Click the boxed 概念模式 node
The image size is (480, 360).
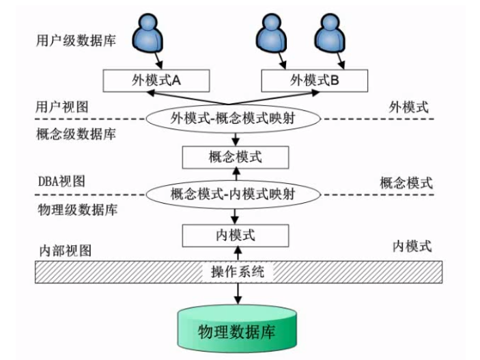[x=234, y=158]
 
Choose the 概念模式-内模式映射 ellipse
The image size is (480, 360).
[x=234, y=194]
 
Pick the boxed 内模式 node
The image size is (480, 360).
[x=234, y=236]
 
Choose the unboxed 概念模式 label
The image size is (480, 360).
[x=406, y=182]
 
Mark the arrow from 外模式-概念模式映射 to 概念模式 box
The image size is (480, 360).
[x=234, y=139]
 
